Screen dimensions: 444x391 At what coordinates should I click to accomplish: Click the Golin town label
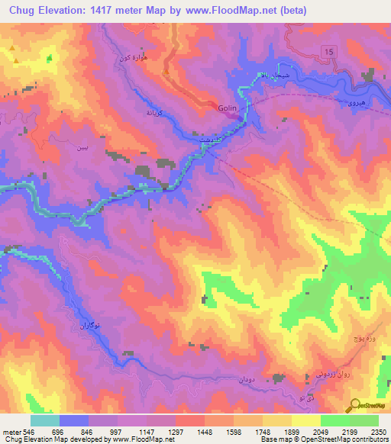pyautogui.click(x=230, y=108)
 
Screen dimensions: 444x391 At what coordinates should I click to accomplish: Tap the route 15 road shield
pyautogui.click(x=328, y=50)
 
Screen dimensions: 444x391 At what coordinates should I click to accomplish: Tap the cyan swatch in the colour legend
pyautogui.click(x=44, y=420)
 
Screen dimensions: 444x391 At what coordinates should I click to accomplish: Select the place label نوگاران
pyautogui.click(x=87, y=325)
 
